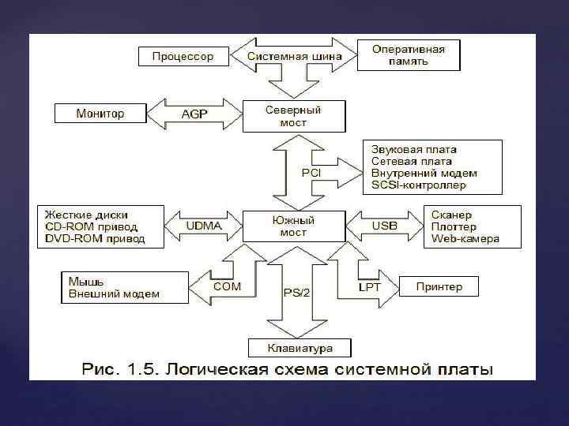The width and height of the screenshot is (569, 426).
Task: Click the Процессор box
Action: (183, 57)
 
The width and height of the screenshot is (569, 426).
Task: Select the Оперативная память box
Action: (409, 54)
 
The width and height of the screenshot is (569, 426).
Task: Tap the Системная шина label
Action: (295, 57)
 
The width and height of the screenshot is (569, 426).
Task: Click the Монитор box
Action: (100, 114)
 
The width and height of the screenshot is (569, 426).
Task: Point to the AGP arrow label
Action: (194, 114)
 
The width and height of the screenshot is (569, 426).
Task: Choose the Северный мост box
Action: (293, 116)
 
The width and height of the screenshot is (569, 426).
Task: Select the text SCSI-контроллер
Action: (419, 185)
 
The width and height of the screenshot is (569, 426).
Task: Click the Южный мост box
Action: (293, 226)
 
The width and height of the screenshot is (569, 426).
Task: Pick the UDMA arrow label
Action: (204, 226)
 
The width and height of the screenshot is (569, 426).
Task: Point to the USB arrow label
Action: (385, 226)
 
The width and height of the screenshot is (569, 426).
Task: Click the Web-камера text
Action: (465, 239)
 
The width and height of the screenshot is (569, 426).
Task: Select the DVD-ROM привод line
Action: (95, 239)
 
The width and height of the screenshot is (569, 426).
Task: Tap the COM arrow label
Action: (227, 286)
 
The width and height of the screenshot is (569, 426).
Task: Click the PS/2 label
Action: (296, 293)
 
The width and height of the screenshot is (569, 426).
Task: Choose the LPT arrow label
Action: (369, 287)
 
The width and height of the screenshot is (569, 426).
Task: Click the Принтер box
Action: (439, 286)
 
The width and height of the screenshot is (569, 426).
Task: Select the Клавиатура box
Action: (300, 348)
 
